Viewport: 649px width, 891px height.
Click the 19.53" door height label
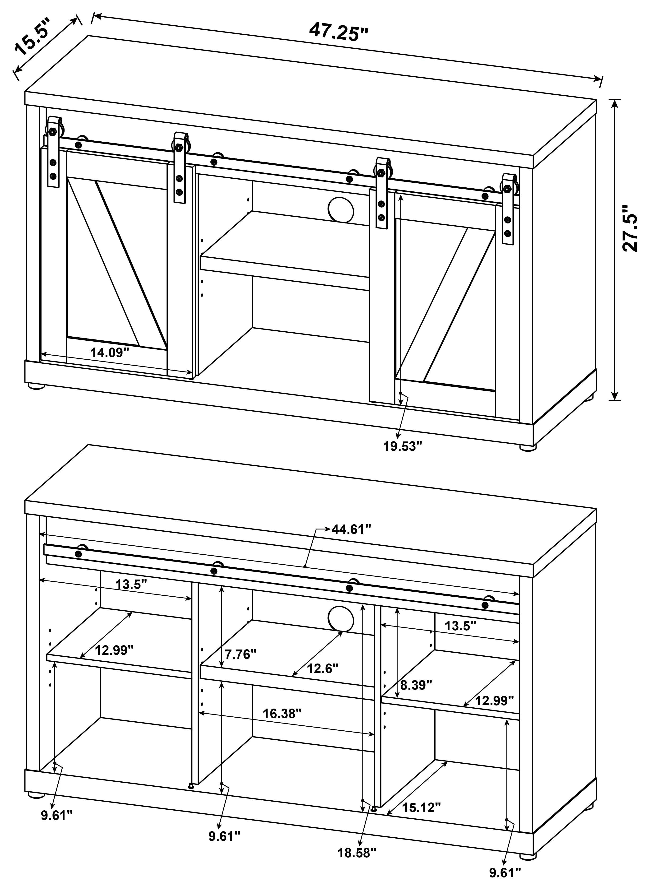point(403,447)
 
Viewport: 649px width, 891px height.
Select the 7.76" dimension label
point(241,654)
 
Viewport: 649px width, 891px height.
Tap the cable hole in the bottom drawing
point(341,619)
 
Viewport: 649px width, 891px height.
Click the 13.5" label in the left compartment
point(131,584)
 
